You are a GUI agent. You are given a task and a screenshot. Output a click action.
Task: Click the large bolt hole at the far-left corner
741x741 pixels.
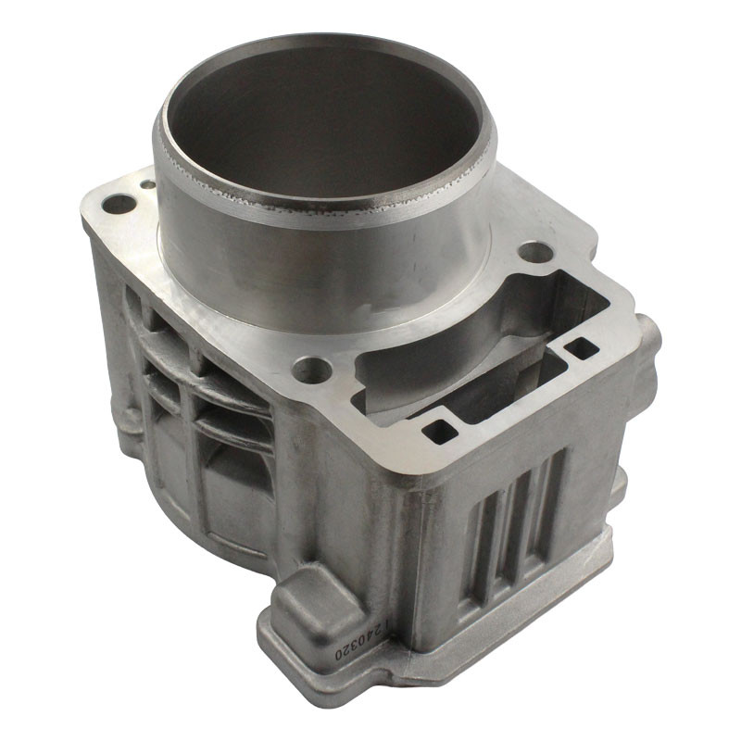[119, 205]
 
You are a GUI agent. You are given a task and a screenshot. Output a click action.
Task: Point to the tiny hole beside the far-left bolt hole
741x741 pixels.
[148, 183]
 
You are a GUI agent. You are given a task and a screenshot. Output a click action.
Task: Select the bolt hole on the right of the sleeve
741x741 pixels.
[535, 252]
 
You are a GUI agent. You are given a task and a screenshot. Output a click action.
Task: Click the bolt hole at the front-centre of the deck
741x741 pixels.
[311, 369]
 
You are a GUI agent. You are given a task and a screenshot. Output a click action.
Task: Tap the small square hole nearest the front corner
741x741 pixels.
[440, 432]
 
